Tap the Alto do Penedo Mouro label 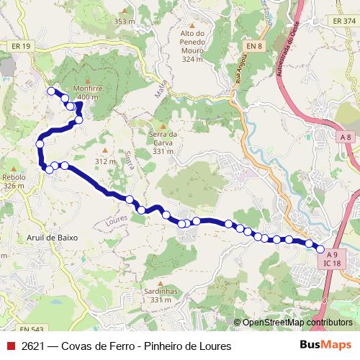click(x=192, y=46)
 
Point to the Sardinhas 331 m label click(x=156, y=294)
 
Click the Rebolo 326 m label click(x=13, y=181)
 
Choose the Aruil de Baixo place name click(x=51, y=237)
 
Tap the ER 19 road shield click(x=22, y=46)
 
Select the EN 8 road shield click(x=251, y=46)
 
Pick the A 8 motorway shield click(x=346, y=137)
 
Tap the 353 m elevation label click(x=124, y=21)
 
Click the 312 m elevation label click(x=105, y=161)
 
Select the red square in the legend click(x=10, y=346)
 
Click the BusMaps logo click(x=325, y=346)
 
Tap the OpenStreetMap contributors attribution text click(x=297, y=323)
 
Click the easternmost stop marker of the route click(x=320, y=249)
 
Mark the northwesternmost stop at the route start click(x=51, y=91)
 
